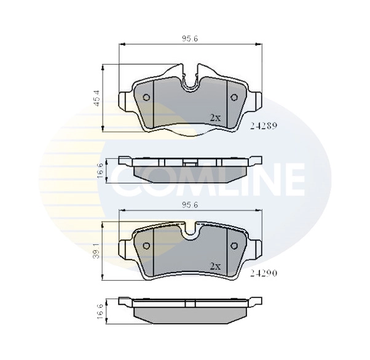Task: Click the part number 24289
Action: pos(264,125)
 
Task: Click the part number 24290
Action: pos(264,270)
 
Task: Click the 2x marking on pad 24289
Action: pos(215,117)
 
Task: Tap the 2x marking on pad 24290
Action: pos(215,266)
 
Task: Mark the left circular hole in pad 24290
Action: pos(146,246)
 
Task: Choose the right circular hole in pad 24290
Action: pos(234,246)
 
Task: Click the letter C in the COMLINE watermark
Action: pos(126,178)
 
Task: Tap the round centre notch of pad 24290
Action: pos(190,233)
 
